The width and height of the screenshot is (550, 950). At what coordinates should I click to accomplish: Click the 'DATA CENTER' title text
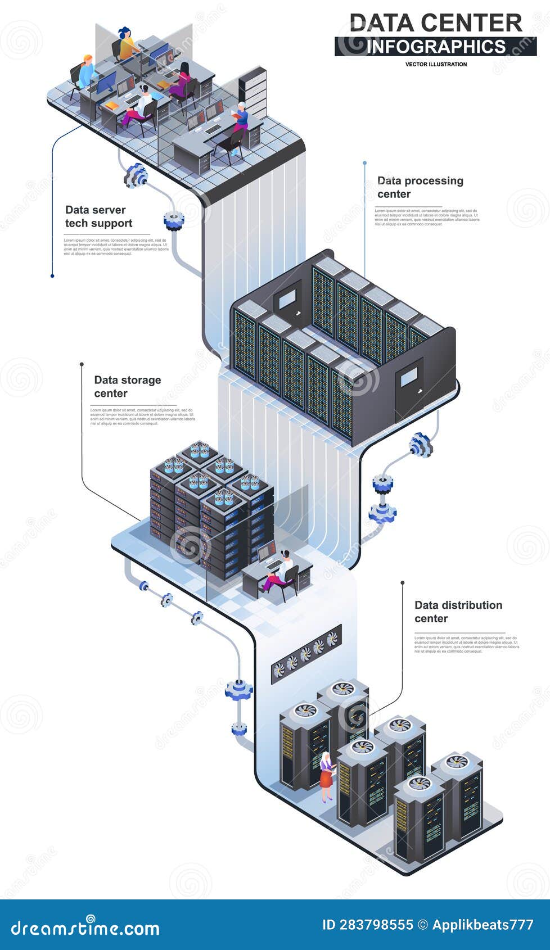tap(436, 22)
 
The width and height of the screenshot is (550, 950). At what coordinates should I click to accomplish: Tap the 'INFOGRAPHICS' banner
tap(436, 46)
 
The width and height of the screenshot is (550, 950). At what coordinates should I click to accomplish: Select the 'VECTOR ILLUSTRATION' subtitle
tap(436, 64)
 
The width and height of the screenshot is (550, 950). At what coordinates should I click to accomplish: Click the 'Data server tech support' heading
tap(99, 216)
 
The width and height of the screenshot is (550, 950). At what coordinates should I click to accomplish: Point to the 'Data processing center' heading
tap(420, 187)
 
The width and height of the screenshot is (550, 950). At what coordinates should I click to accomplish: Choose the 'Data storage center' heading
tap(128, 387)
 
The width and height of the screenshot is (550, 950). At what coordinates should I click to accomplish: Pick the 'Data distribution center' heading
tap(458, 612)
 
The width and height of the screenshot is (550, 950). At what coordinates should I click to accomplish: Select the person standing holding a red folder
tap(241, 118)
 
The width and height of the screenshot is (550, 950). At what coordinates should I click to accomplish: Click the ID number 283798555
tap(367, 925)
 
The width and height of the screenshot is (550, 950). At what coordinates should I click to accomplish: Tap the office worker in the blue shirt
tap(87, 73)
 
